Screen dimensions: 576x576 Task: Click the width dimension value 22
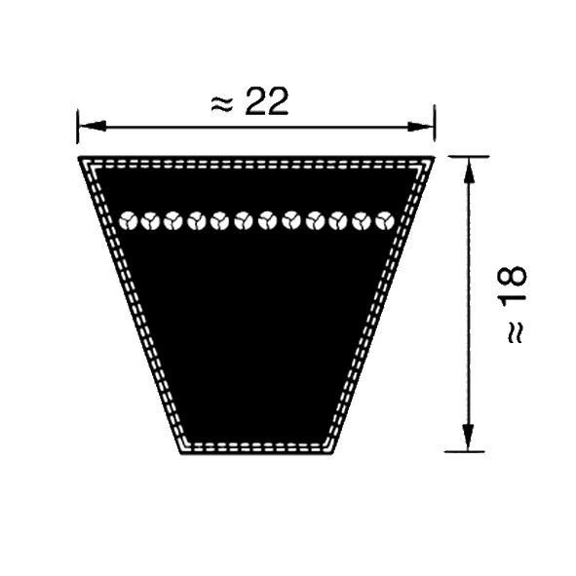(267, 101)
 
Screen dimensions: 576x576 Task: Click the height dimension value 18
(512, 288)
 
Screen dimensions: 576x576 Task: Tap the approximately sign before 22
(222, 104)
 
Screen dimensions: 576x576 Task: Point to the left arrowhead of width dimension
(93, 127)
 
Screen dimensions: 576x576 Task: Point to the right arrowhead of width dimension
(421, 127)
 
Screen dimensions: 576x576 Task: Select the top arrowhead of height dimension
(468, 171)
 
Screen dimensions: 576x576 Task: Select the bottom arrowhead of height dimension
(468, 438)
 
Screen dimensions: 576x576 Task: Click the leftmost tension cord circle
(129, 221)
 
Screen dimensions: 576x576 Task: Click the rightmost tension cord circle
(385, 221)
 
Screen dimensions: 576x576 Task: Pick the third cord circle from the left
(173, 221)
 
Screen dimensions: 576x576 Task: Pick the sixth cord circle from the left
(244, 221)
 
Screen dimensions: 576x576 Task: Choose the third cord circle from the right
(338, 221)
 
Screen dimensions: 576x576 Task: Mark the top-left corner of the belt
(78, 157)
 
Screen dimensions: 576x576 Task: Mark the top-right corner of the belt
(435, 157)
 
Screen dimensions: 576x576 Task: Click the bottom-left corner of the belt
(181, 454)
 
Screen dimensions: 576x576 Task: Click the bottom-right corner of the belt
(331, 454)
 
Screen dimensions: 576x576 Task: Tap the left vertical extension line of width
(78, 127)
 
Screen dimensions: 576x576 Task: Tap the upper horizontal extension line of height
(469, 157)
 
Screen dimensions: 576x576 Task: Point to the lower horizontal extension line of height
(464, 451)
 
